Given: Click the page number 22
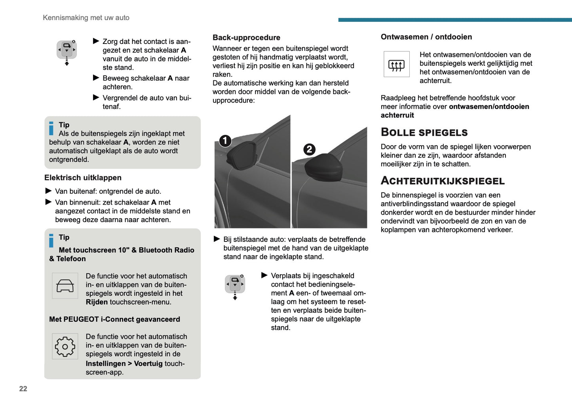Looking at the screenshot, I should click(x=23, y=389).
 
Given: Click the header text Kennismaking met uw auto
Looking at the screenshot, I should click(x=86, y=18).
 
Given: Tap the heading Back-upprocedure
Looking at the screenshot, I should click(x=246, y=38).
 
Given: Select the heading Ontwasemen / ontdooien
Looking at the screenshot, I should click(x=426, y=37).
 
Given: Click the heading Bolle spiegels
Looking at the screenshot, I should click(x=424, y=132).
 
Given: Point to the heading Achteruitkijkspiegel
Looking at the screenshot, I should click(x=443, y=181).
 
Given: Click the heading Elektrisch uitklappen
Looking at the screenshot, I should click(x=83, y=178).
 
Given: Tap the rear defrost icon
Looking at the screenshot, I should click(x=396, y=65).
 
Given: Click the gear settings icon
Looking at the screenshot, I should click(x=65, y=347).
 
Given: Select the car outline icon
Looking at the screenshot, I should click(x=65, y=286).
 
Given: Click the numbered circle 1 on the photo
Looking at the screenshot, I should click(x=225, y=141).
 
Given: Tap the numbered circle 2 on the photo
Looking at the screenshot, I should click(x=309, y=149).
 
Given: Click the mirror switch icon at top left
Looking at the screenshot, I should click(x=67, y=51).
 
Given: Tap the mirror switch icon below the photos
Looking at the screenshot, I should click(x=235, y=285).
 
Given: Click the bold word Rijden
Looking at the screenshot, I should click(x=97, y=302).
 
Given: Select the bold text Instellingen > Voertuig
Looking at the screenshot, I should click(x=124, y=363).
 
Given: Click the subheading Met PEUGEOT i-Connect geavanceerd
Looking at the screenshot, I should click(x=114, y=319).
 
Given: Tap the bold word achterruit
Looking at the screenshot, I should click(x=397, y=115).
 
